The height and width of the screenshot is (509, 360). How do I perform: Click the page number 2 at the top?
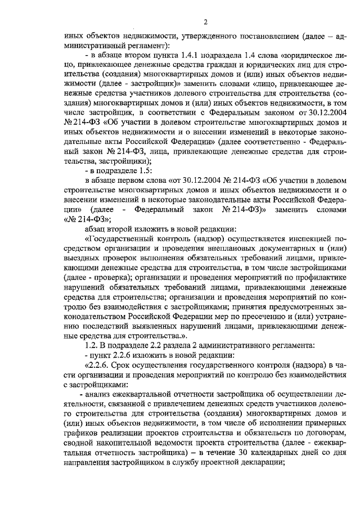click(x=205, y=22)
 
